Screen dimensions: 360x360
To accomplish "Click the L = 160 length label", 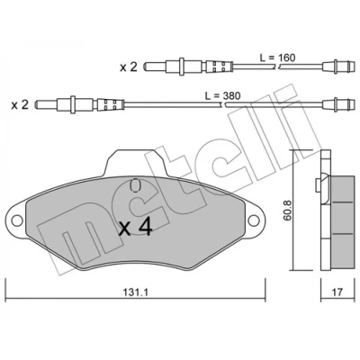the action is [278, 58].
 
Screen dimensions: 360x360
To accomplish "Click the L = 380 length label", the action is [223, 95].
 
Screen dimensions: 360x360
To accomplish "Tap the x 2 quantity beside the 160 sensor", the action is [129, 67].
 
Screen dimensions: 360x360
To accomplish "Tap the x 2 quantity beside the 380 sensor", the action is [20, 105].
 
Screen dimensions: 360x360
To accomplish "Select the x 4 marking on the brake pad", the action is [136, 229].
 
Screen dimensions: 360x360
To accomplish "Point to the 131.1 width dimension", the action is [136, 292].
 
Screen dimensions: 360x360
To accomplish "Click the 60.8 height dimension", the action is [288, 211].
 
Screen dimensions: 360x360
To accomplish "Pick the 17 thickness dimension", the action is [337, 292].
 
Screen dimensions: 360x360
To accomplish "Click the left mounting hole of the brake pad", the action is [17, 220].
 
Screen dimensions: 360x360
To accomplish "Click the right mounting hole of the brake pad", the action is [254, 220].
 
